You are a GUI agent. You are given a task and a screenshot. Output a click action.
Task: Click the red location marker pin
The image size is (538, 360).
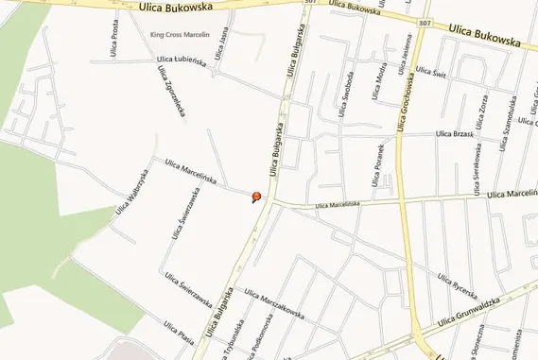pos(254,197)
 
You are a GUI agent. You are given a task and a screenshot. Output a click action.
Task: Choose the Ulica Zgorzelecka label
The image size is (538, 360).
pos(171,93)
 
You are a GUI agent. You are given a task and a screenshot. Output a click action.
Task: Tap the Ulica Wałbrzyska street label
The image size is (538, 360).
pos(132,191)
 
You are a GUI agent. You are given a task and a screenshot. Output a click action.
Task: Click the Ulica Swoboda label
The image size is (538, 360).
pos(346,93)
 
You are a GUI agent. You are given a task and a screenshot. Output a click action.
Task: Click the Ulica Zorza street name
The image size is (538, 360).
pos(482,109)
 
